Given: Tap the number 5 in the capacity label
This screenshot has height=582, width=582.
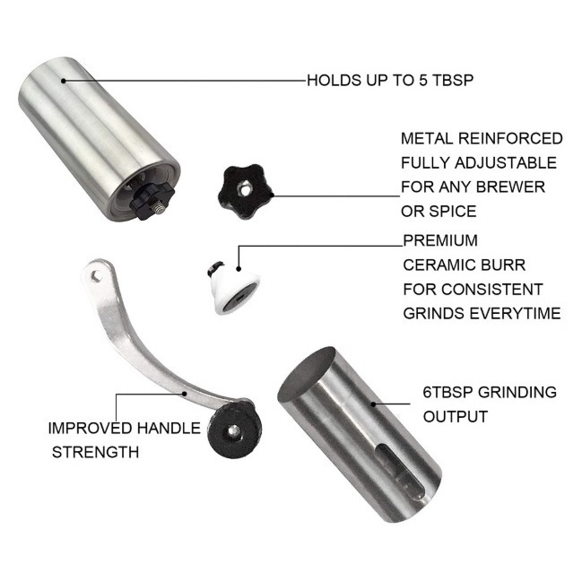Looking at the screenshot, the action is click(x=423, y=80).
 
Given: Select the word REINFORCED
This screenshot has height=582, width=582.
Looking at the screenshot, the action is click(x=510, y=138).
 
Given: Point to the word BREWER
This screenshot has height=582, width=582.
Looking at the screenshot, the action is click(x=510, y=187).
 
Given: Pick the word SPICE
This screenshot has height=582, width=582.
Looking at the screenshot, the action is click(x=453, y=211).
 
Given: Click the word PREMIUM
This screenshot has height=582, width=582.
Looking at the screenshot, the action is click(x=440, y=240).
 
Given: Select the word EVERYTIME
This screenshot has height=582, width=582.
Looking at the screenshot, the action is click(x=515, y=313).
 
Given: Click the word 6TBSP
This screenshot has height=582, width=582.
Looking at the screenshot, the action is click(x=447, y=392).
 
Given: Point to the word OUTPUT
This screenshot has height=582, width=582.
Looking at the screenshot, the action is click(x=455, y=416).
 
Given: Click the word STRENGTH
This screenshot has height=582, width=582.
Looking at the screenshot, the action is click(x=95, y=452).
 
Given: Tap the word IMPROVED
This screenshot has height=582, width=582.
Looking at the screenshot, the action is click(x=91, y=428).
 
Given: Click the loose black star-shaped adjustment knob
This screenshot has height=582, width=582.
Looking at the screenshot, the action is click(x=246, y=191).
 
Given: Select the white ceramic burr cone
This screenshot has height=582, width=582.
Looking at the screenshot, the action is click(x=233, y=287).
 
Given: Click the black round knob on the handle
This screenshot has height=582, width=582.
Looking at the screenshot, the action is click(x=235, y=430).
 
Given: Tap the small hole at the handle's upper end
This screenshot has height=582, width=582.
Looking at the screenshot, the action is click(x=96, y=276).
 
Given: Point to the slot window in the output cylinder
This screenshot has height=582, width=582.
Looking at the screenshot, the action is click(x=400, y=472).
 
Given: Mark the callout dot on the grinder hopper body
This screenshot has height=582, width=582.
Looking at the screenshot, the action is click(x=64, y=81).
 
